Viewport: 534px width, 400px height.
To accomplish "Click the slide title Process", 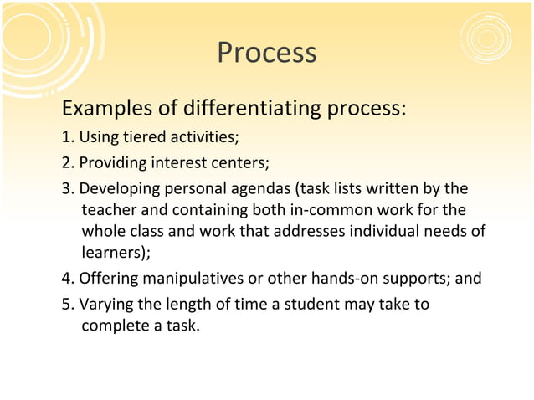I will click(x=266, y=53).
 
